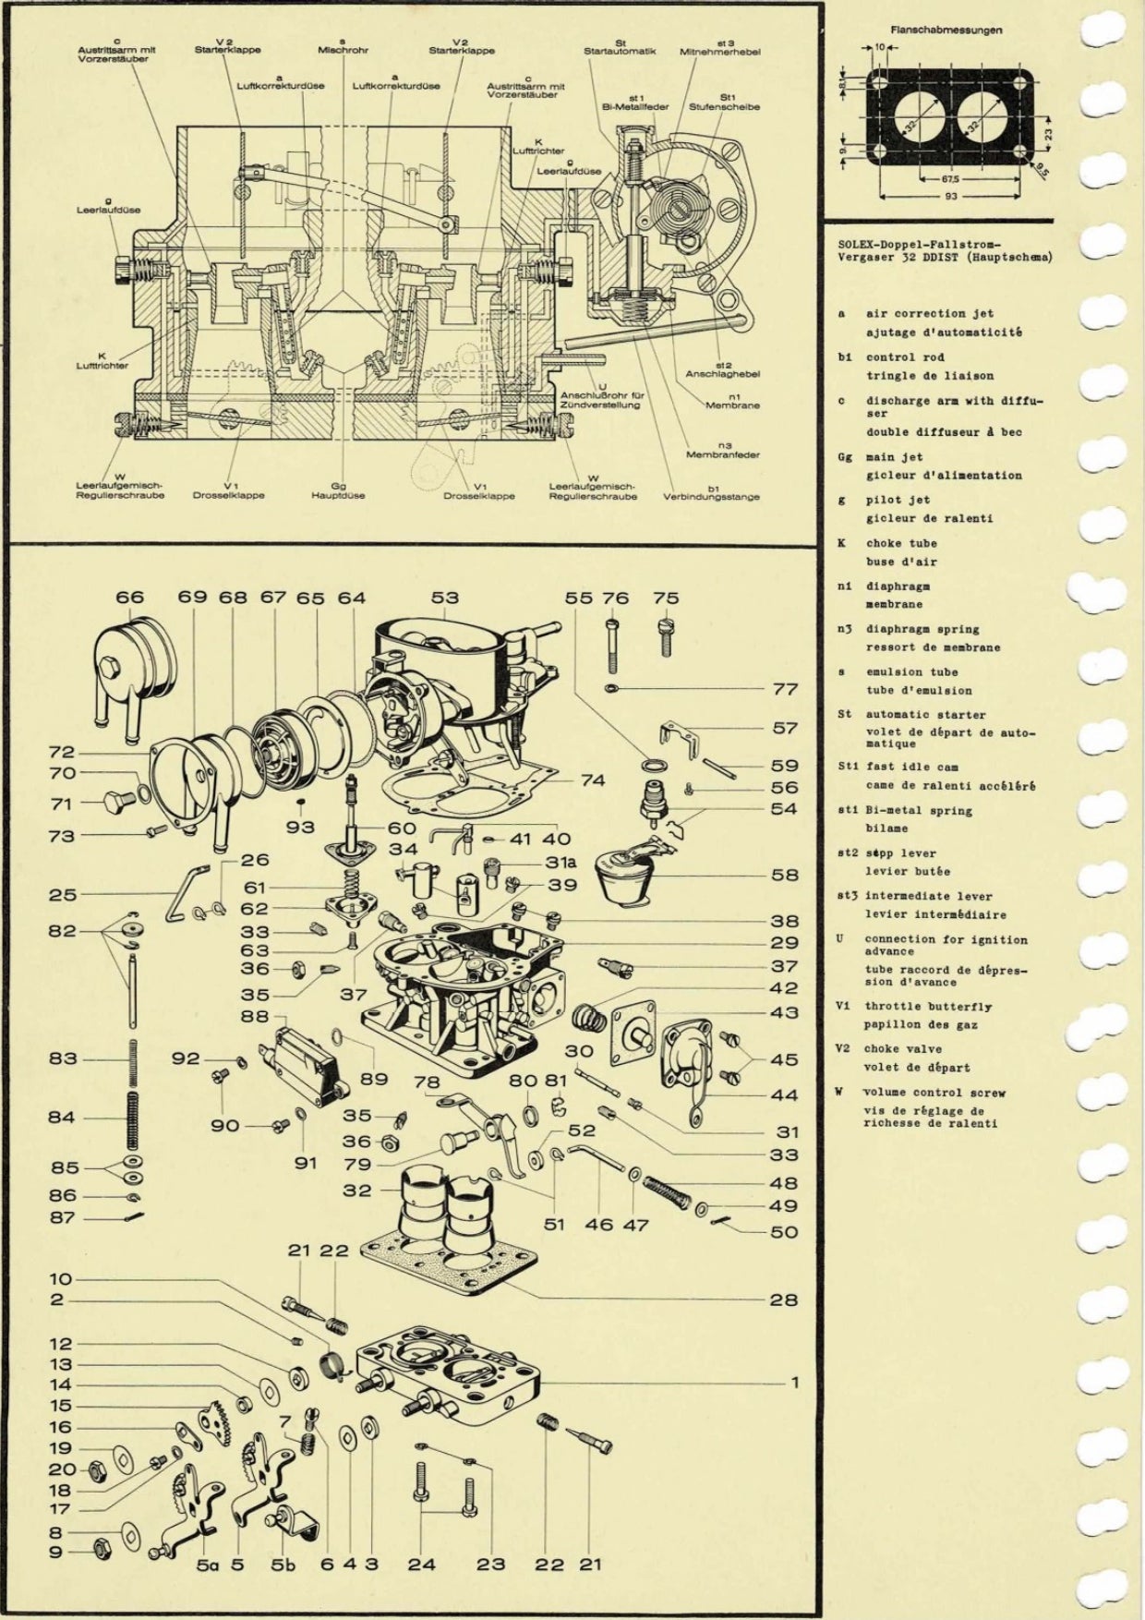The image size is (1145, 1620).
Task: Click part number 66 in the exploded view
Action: point(129,598)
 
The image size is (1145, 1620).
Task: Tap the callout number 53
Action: point(444,598)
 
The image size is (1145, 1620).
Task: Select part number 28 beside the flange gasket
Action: point(783,1300)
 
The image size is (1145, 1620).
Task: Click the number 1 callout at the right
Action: point(795,1383)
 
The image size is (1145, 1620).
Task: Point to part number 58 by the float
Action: point(784,874)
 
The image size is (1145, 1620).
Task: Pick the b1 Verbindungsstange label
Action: point(711,492)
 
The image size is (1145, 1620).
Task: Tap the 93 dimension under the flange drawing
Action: point(950,197)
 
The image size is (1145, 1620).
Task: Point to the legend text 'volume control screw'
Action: point(934,1093)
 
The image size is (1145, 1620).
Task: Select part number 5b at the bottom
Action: point(283,1565)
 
